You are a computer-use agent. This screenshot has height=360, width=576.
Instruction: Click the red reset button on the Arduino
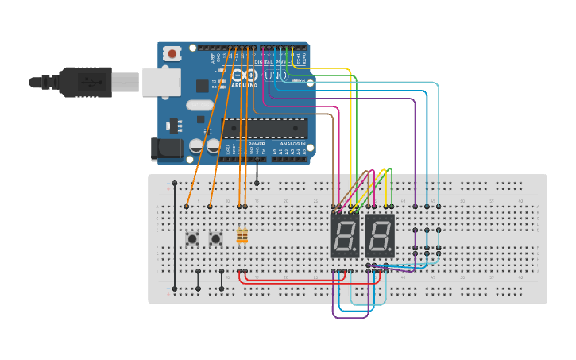click(172, 54)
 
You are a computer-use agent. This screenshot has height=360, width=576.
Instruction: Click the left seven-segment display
click(345, 235)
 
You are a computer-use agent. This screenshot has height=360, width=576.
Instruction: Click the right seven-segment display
click(381, 235)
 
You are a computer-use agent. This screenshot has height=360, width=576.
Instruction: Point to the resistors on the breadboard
click(242, 236)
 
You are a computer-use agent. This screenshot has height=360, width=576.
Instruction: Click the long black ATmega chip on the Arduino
click(265, 128)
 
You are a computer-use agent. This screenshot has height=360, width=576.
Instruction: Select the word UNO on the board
click(275, 75)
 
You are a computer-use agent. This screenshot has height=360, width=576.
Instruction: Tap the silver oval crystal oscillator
click(200, 105)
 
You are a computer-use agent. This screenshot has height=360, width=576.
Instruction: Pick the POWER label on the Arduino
click(257, 144)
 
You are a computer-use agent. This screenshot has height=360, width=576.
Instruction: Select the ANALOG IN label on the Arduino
click(291, 144)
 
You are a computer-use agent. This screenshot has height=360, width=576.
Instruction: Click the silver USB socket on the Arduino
click(161, 82)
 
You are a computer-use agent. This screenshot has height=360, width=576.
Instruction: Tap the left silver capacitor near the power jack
click(197, 146)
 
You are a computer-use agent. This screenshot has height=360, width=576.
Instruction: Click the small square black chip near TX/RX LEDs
click(203, 85)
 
